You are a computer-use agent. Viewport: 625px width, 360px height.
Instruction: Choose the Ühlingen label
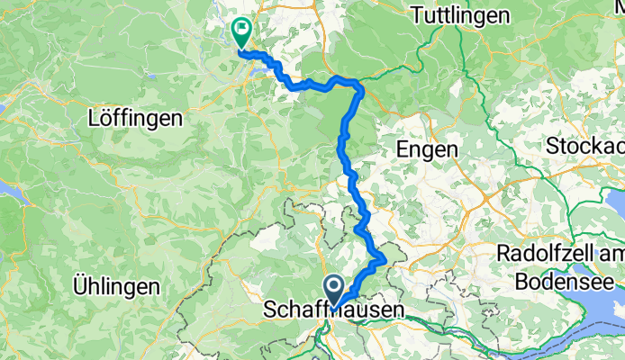(118, 288)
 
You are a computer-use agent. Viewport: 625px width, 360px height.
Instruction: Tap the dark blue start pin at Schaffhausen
(334, 289)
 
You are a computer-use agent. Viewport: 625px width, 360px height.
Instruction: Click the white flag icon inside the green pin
(242, 30)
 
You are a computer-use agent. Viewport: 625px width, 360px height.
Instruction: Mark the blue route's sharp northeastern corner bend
(361, 87)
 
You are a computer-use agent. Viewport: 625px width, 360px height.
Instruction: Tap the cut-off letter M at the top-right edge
(619, 16)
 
